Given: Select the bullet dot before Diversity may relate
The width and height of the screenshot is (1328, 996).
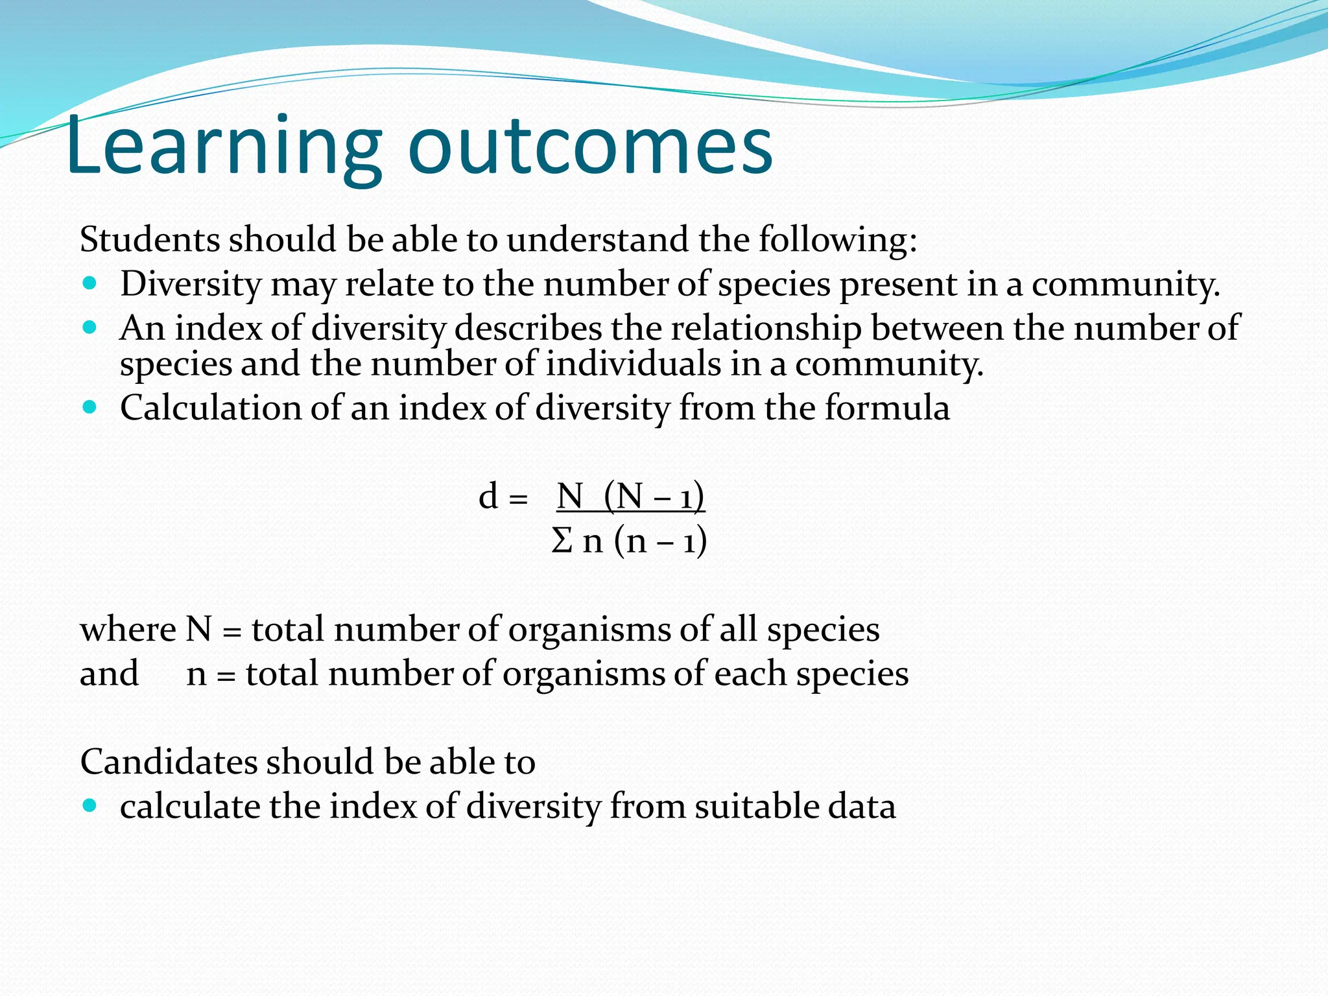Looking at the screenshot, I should click(90, 283).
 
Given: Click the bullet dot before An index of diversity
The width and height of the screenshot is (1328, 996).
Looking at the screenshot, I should click(90, 327).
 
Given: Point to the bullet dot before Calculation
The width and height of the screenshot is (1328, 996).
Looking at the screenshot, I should click(90, 408).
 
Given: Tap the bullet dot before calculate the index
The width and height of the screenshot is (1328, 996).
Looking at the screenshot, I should click(90, 806).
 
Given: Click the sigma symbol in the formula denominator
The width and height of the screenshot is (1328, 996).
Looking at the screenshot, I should click(562, 540).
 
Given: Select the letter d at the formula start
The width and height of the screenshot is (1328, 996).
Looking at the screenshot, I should click(488, 497).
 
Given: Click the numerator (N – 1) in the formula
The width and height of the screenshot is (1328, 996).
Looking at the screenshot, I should click(654, 497).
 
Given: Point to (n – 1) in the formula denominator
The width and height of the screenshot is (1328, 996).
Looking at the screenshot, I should click(660, 540).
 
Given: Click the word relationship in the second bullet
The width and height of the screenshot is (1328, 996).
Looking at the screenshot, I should click(766, 328).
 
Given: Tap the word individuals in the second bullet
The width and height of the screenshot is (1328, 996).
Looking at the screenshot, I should click(633, 364).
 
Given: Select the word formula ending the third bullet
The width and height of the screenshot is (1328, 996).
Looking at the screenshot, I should click(887, 408).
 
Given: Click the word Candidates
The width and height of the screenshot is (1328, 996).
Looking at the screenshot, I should click(169, 762).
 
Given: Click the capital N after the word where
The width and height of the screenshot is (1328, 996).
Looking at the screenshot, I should click(199, 630).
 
